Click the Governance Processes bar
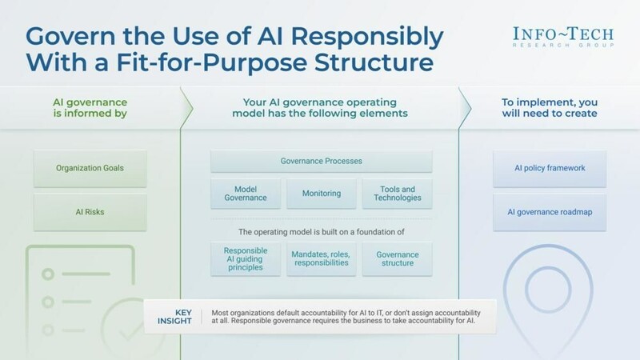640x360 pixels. (x=322, y=161)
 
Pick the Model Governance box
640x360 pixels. (x=244, y=193)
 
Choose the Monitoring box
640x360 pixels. (x=322, y=193)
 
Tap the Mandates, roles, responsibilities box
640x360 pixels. (x=322, y=258)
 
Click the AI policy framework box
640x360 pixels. (x=550, y=169)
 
